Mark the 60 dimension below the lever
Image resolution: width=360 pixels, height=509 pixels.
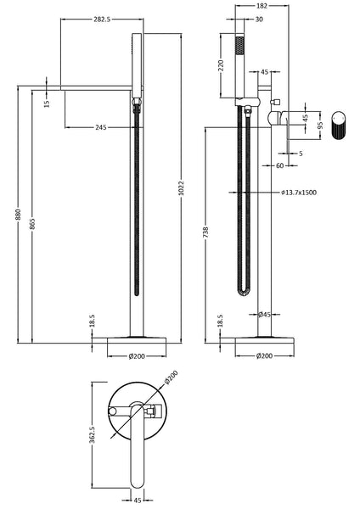pos(280,165)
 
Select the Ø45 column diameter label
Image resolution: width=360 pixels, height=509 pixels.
pos(264,314)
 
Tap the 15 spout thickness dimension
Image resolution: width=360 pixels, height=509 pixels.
pos(48,103)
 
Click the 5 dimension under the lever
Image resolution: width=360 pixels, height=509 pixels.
pos(301,154)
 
